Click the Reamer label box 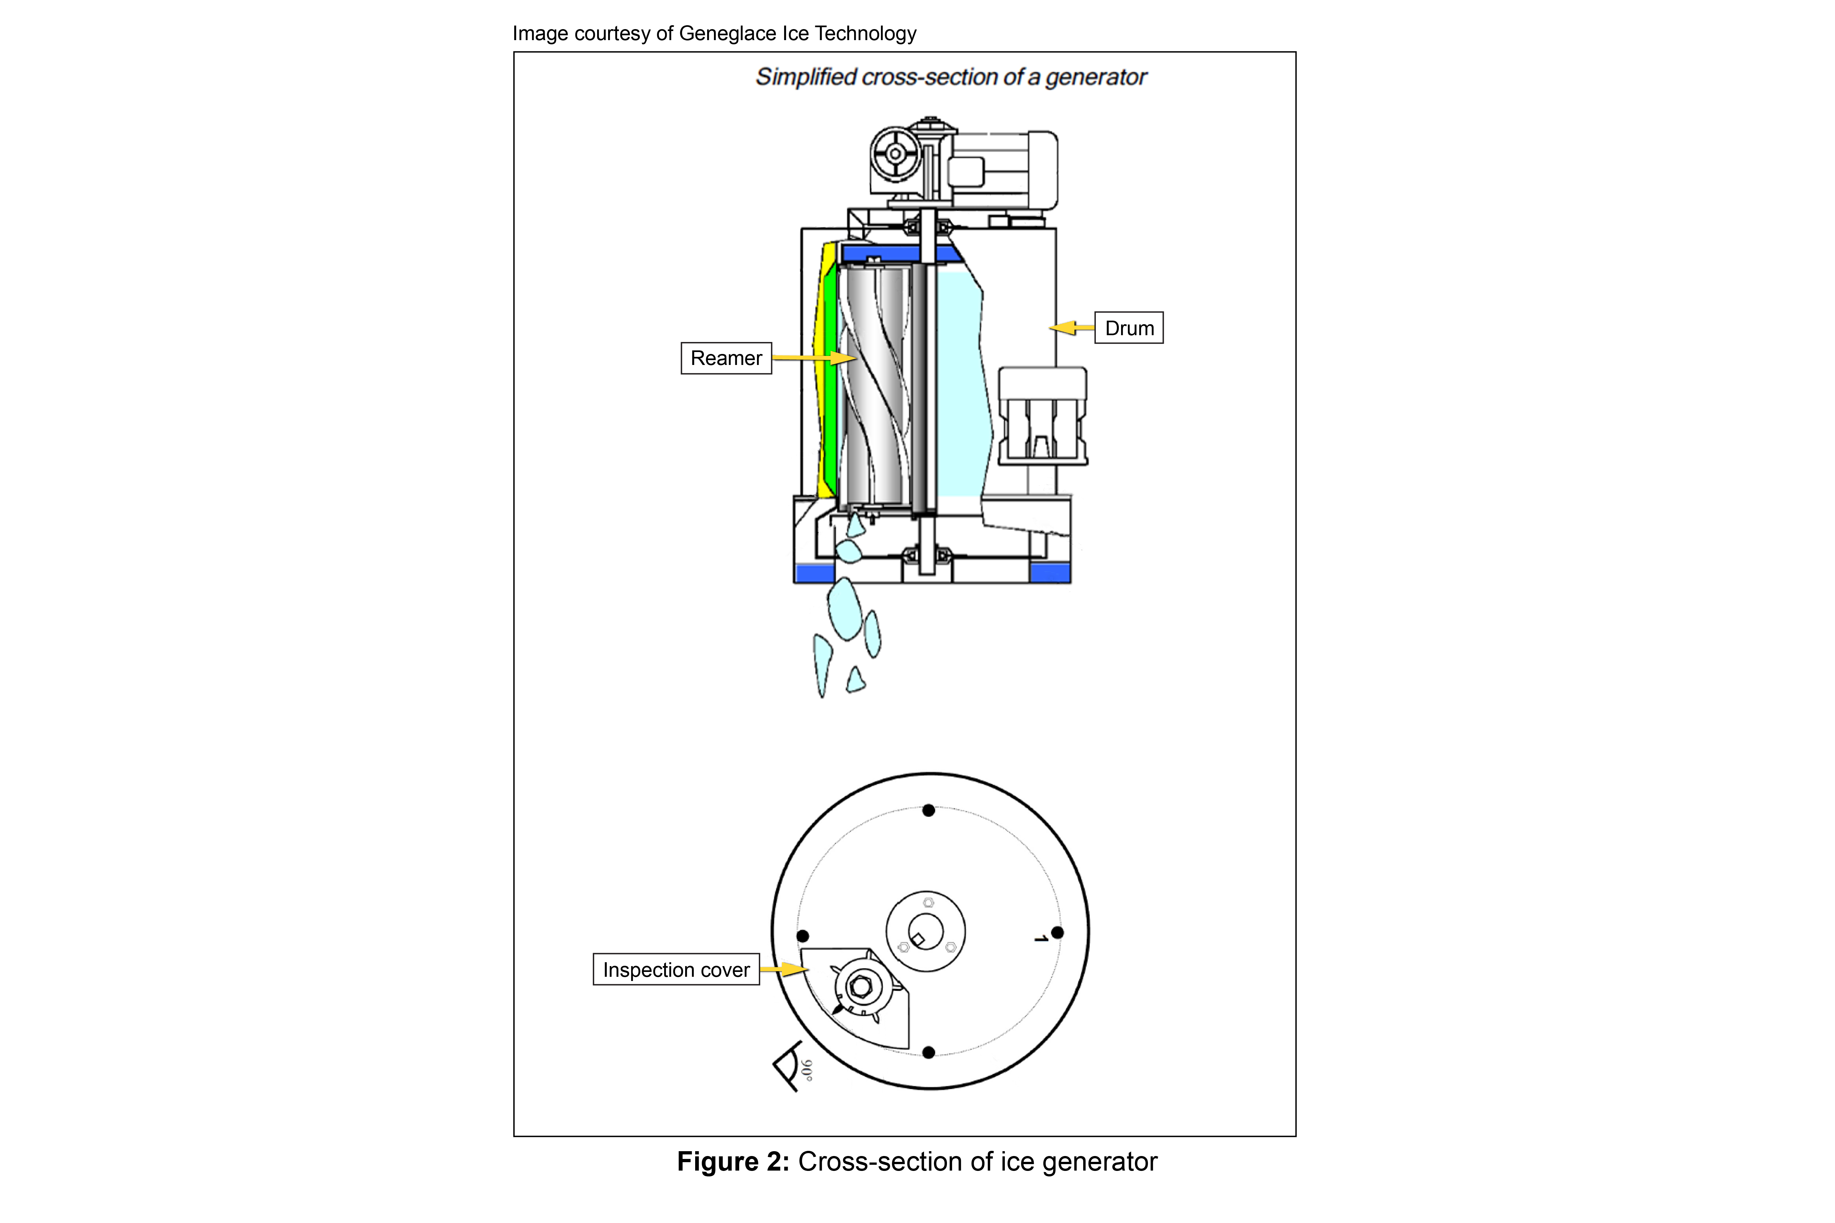pyautogui.click(x=726, y=358)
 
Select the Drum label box pyautogui.click(x=1128, y=327)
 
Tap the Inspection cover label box pyautogui.click(x=676, y=970)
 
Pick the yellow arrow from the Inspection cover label pyautogui.click(x=784, y=970)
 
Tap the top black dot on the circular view pyautogui.click(x=929, y=810)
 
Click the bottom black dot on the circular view pyautogui.click(x=929, y=1052)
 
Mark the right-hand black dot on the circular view pyautogui.click(x=1057, y=932)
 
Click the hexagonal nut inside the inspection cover pyautogui.click(x=861, y=987)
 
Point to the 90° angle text pyautogui.click(x=807, y=1070)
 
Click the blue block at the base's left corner pyautogui.click(x=815, y=573)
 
